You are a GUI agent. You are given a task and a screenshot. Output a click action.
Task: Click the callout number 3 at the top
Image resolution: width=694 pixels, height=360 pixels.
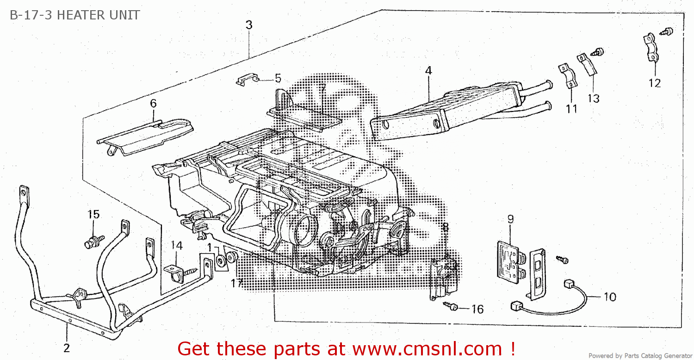click(x=249, y=25)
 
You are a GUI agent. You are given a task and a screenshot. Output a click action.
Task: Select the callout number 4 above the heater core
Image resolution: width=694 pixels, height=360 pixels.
click(x=428, y=71)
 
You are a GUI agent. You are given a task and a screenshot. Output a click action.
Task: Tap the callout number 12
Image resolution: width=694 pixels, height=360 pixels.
click(x=654, y=83)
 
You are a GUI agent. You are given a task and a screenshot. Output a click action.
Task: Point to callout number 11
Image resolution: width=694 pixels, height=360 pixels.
click(x=572, y=109)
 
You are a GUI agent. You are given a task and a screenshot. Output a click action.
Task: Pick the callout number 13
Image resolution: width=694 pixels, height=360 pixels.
click(x=594, y=98)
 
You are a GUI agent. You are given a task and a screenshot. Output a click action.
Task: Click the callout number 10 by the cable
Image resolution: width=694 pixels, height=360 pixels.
click(x=610, y=296)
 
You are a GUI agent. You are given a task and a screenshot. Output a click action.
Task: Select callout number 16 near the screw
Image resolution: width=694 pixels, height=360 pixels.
click(x=477, y=309)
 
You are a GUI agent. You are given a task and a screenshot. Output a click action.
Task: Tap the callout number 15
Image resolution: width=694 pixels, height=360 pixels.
click(x=93, y=214)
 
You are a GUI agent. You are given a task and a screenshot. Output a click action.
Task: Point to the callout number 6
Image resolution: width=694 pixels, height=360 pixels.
click(x=153, y=103)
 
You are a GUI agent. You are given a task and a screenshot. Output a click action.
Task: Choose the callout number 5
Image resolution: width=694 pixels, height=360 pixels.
click(x=278, y=78)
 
